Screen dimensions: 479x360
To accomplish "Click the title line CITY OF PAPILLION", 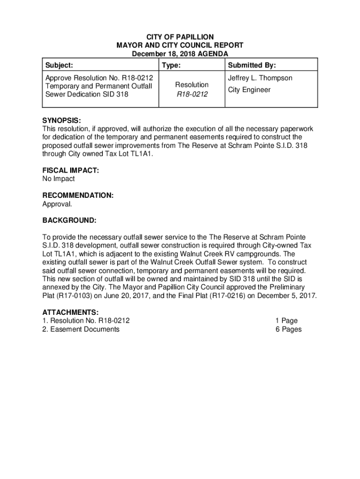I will tap(180, 37).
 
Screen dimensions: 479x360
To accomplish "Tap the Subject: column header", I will tap(58, 65).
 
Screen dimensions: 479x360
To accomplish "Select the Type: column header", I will tap(172, 65).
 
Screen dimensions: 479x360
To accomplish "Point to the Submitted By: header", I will tap(252, 65).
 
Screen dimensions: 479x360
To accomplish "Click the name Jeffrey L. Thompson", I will tap(260, 78).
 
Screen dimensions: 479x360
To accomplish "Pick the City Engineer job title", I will tap(249, 89).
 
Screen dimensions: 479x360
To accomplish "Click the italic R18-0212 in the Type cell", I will tap(192, 94).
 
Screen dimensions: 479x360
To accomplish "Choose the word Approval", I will tap(58, 204).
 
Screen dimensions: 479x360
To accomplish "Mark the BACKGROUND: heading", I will tap(70, 220).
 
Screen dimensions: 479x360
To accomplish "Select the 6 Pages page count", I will tap(288, 329).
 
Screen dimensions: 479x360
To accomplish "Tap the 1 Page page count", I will tap(286, 321).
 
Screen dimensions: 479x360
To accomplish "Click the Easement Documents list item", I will tap(85, 329).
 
